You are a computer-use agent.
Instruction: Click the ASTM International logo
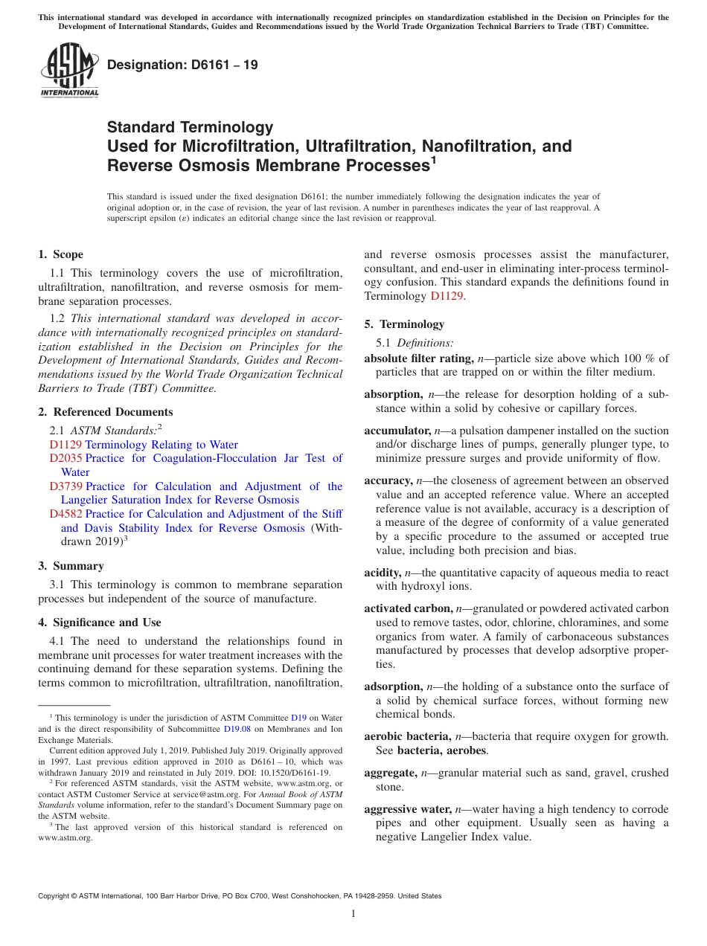pyautogui.click(x=68, y=69)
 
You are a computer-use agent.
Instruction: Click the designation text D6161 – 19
pyautogui.click(x=182, y=65)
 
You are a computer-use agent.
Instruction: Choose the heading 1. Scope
pyautogui.click(x=60, y=254)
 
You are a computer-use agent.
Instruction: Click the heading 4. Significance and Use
pyautogui.click(x=99, y=622)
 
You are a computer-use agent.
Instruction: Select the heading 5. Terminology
pyautogui.click(x=404, y=324)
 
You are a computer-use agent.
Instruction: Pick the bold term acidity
pyautogui.click(x=383, y=573)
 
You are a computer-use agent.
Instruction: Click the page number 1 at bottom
pyautogui.click(x=353, y=913)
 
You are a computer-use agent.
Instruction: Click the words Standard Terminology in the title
pyautogui.click(x=190, y=127)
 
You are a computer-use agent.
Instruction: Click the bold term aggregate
pyautogui.click(x=390, y=773)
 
